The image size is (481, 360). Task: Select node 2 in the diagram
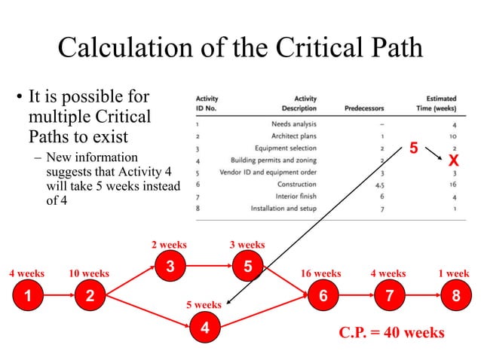pos(90,296)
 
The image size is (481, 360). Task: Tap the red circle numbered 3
pos(170,266)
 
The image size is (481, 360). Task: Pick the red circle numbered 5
pos(247,266)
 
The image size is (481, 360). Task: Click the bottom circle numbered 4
pos(204,328)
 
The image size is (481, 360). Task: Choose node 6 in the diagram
pos(323,296)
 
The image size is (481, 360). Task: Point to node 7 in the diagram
pos(389,296)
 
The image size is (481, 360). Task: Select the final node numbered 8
pos(455,296)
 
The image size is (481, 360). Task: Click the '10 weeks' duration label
pos(89,273)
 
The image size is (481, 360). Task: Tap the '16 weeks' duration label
pos(320,273)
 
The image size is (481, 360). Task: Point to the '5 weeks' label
pos(204,305)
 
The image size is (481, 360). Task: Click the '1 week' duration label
pos(453,273)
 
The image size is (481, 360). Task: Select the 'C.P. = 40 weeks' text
pos(391,332)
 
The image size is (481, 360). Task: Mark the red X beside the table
pos(453,160)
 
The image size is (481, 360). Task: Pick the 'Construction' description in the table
pos(297,184)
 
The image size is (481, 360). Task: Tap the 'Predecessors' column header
pos(364,108)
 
